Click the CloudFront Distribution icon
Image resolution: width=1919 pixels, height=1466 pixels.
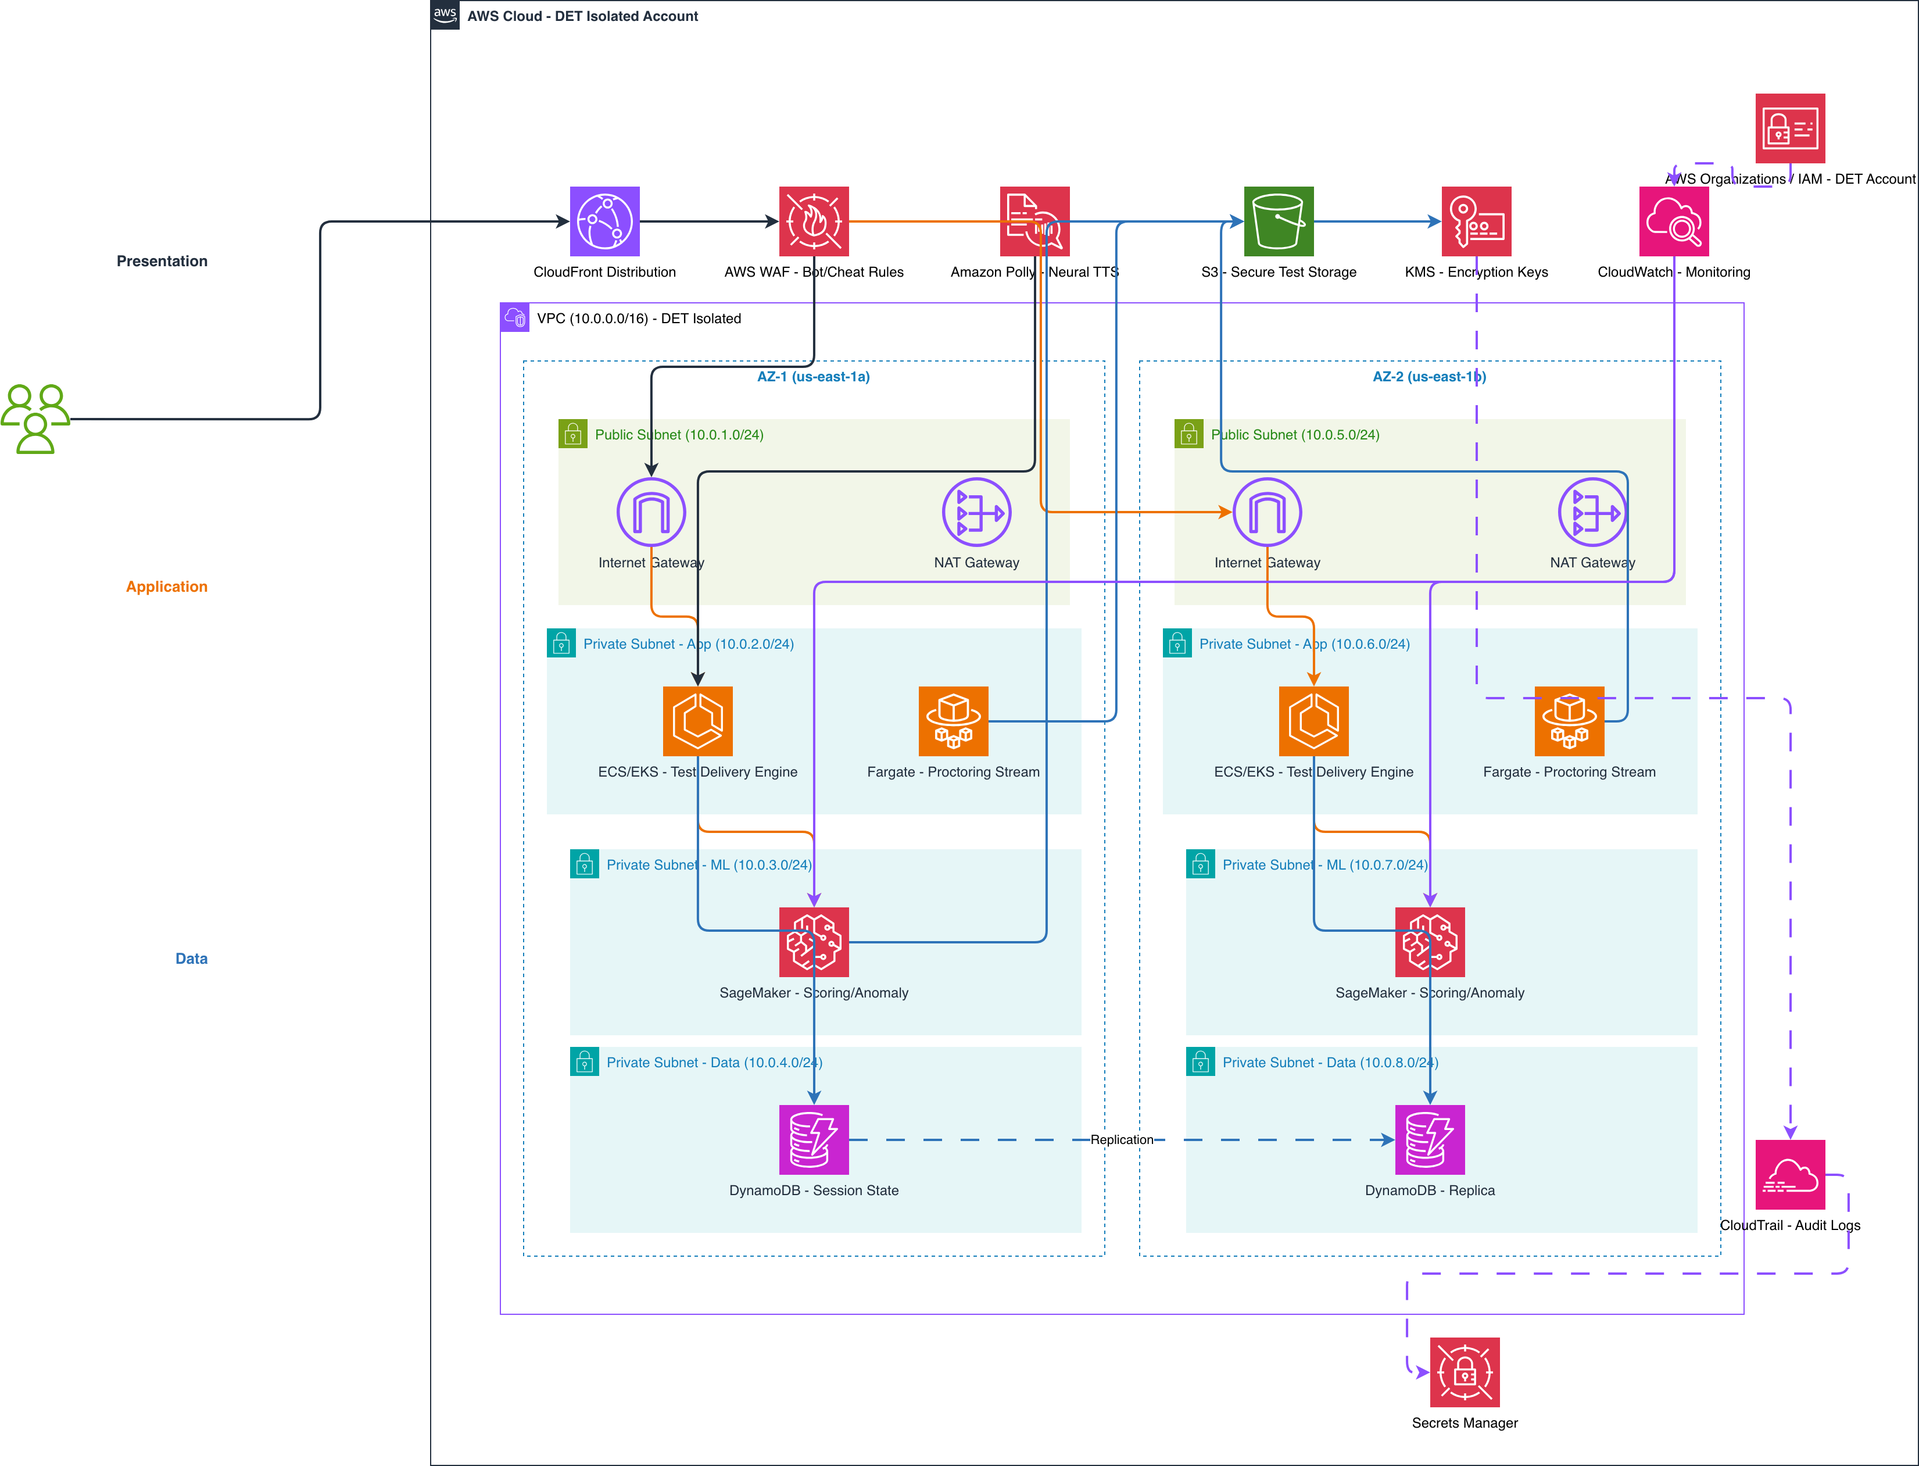(x=604, y=221)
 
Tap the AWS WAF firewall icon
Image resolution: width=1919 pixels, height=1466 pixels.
(x=814, y=221)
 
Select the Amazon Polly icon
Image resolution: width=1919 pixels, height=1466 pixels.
(x=1034, y=221)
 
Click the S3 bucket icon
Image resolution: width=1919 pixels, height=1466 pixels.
(x=1279, y=221)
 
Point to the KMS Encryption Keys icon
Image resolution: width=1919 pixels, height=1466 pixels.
(x=1476, y=221)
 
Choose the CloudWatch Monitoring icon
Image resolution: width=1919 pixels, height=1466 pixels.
(x=1674, y=221)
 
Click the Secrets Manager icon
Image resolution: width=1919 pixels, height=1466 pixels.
(x=1465, y=1372)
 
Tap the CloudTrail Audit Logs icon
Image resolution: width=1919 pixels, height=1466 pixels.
(x=1790, y=1175)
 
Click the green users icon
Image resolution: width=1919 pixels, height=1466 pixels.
(x=35, y=419)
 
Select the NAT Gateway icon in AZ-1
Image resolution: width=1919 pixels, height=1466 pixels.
(x=976, y=512)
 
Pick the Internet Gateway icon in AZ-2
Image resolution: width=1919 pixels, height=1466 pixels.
(x=1268, y=512)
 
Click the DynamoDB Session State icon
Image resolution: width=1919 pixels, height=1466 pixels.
(x=814, y=1140)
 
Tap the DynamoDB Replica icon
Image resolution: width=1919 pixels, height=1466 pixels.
(x=1430, y=1140)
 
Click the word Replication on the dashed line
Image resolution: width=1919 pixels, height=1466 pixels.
(x=1122, y=1140)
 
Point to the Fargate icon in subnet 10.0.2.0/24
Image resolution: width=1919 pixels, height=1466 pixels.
(x=953, y=721)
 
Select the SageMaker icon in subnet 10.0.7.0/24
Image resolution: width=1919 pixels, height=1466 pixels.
(x=1430, y=942)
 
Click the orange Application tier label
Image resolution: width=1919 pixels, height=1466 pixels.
(x=167, y=587)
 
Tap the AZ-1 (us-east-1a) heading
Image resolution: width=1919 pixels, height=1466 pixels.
(x=813, y=377)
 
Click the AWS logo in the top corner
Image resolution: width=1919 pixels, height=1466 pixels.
(x=445, y=15)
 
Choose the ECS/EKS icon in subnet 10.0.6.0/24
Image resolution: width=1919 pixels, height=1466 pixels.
(x=1313, y=721)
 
